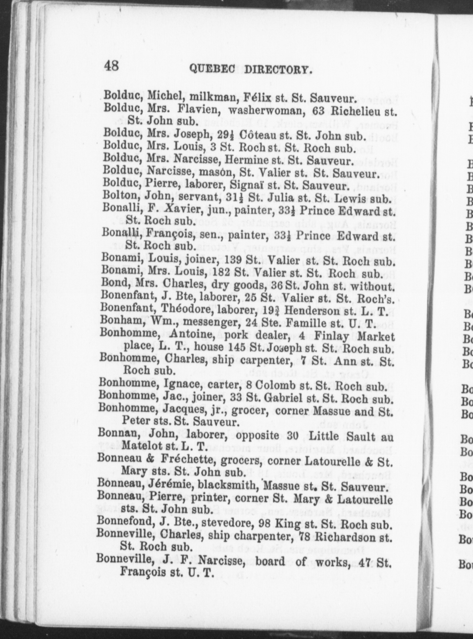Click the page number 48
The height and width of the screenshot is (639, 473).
tap(111, 66)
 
